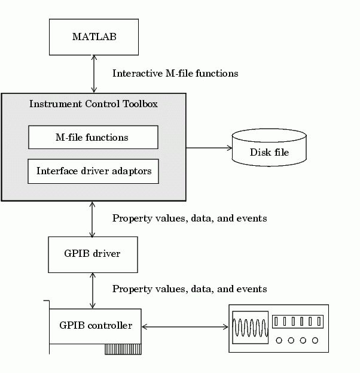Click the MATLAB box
pyautogui.click(x=94, y=37)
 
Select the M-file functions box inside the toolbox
pyautogui.click(x=93, y=137)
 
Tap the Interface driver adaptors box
pyautogui.click(x=93, y=171)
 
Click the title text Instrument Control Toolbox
pyautogui.click(x=93, y=104)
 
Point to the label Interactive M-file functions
pyautogui.click(x=175, y=73)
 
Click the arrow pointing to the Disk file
pyautogui.click(x=209, y=147)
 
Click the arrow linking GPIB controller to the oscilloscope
pyautogui.click(x=185, y=326)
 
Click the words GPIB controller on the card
pyautogui.click(x=95, y=326)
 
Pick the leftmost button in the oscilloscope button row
pyautogui.click(x=277, y=322)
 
